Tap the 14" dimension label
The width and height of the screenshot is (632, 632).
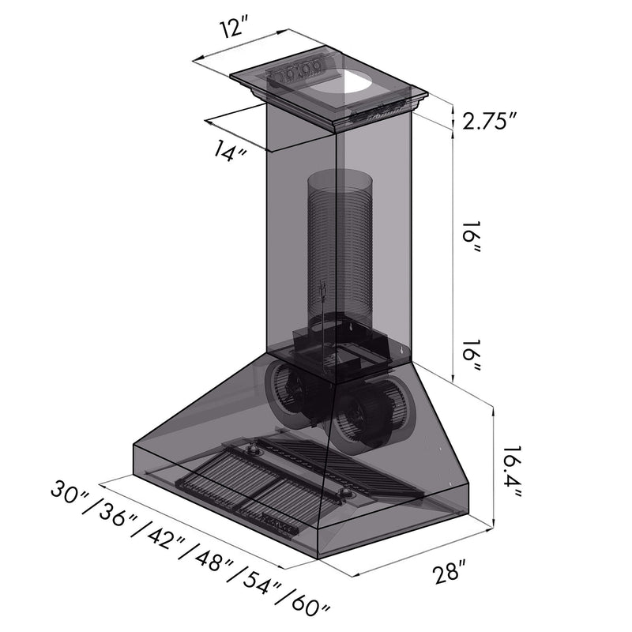click(228, 150)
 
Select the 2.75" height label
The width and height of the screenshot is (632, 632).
click(490, 120)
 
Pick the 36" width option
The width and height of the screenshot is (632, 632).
click(116, 516)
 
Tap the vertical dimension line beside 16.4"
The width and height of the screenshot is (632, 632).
click(495, 466)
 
